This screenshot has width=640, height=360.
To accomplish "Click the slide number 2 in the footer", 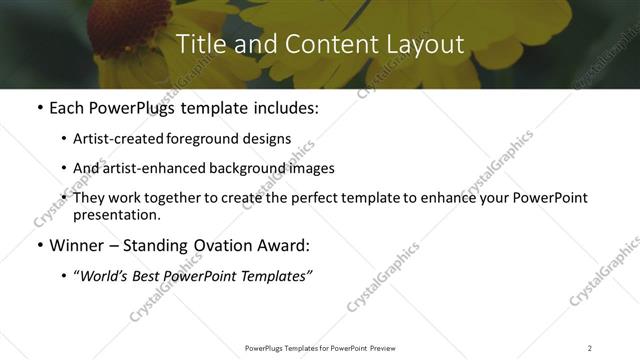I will click(590, 348).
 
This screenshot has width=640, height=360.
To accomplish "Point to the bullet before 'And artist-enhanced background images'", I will click(65, 168).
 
